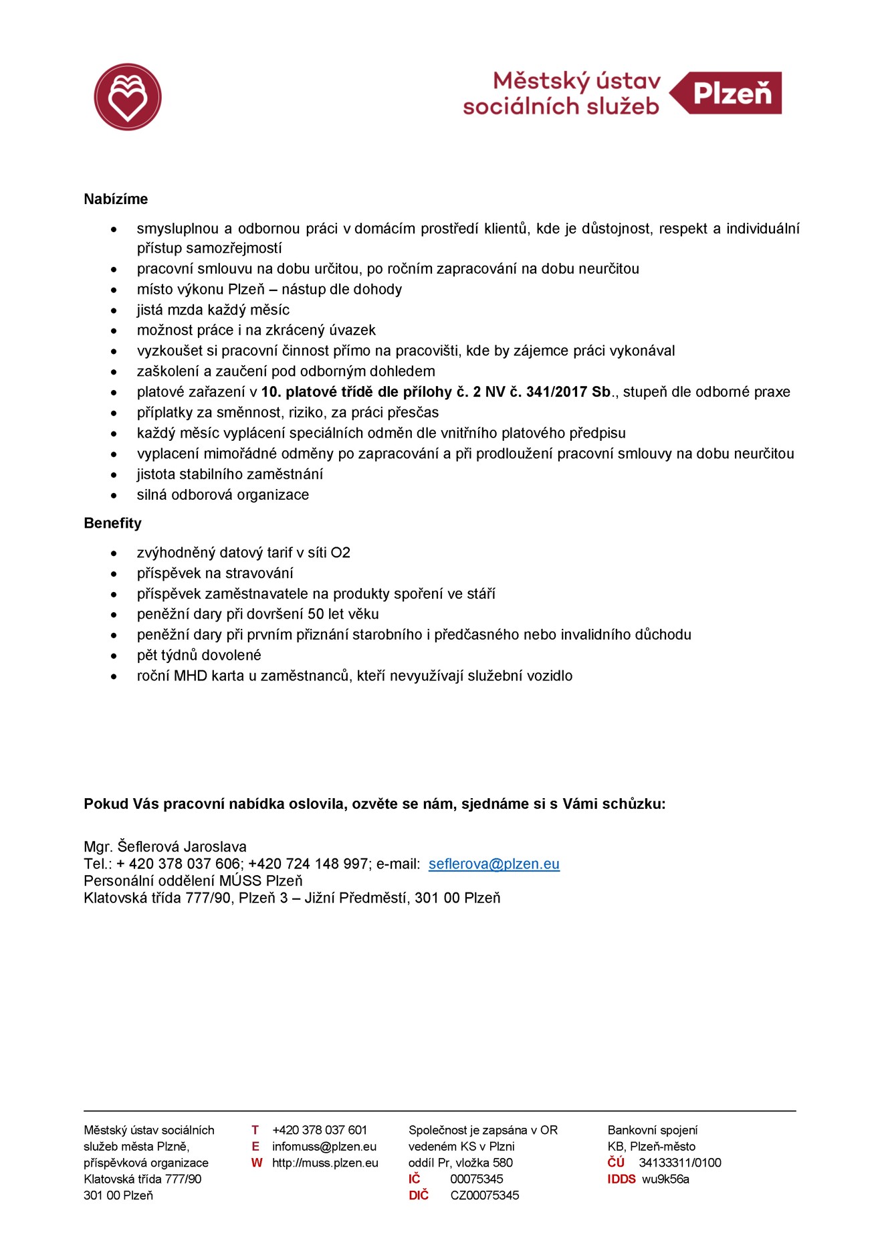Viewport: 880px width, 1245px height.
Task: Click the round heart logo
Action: pos(128,97)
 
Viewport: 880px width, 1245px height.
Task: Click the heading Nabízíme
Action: pos(116,199)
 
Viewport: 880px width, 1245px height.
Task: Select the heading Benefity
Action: pos(112,523)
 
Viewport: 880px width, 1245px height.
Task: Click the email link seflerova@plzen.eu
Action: pos(493,864)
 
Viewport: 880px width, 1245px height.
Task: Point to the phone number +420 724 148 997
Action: pos(308,864)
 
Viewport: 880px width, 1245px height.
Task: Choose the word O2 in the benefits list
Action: pos(340,553)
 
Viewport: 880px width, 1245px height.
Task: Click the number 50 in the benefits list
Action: pos(316,614)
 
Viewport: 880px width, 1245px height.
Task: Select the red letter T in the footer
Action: pos(255,1130)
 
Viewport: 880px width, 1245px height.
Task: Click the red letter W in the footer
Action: pos(257,1163)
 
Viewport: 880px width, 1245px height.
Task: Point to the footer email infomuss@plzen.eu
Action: pos(324,1147)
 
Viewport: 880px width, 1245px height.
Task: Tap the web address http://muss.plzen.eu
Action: pos(325,1163)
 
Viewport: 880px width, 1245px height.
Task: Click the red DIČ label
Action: pos(419,1195)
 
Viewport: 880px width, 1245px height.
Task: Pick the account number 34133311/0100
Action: pos(679,1163)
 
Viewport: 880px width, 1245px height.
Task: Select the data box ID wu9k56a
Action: pos(665,1179)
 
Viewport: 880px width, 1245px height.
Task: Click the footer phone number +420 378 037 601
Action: pos(320,1130)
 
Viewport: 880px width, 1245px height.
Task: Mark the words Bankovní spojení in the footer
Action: pos(652,1130)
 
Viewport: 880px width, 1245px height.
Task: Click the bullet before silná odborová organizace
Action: pos(114,496)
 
